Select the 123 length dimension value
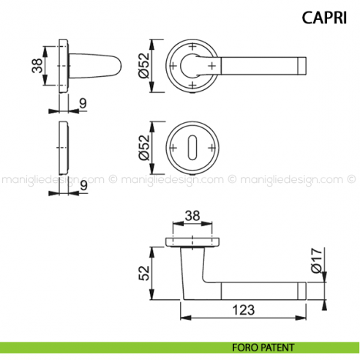point(244,309)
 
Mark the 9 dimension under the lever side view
point(83,104)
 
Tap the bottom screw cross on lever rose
point(193,86)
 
